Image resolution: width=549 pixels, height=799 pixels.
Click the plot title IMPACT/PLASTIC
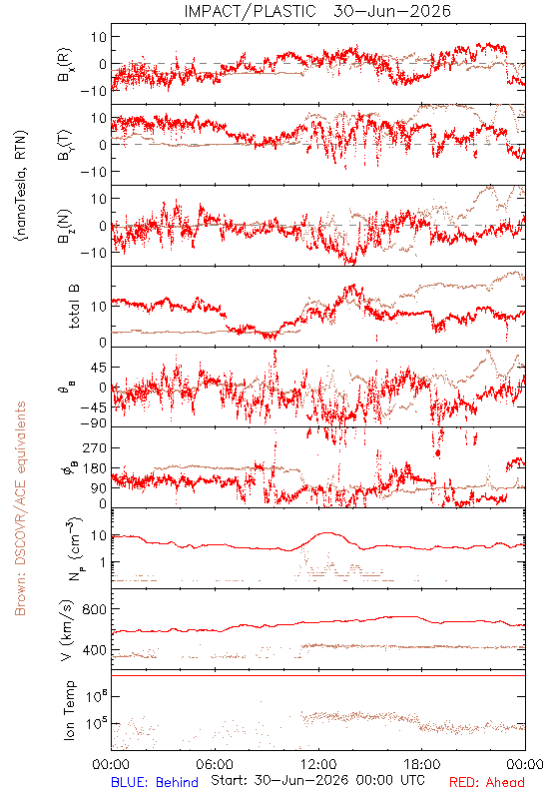coord(250,11)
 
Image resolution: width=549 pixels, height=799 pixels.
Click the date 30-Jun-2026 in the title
coord(392,11)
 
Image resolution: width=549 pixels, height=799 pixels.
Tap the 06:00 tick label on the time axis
coord(215,764)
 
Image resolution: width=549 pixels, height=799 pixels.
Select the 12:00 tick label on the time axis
coord(318,764)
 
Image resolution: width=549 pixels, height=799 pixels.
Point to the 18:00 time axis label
coord(422,764)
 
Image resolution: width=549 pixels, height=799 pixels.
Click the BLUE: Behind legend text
coord(155,783)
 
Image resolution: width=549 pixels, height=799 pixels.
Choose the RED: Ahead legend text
coord(487,783)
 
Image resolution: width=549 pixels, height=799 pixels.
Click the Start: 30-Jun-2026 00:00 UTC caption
coord(317,780)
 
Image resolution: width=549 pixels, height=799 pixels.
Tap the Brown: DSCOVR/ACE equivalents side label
coord(20,508)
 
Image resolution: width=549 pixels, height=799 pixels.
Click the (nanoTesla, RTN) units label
coord(21,185)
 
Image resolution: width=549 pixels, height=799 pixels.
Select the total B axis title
coord(73,307)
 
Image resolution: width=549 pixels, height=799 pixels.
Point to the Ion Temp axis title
coord(69,710)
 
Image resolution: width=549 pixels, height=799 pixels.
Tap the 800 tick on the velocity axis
coord(94,609)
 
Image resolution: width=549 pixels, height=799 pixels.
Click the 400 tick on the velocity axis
coord(94,650)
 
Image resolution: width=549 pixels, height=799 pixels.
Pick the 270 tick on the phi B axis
coord(95,447)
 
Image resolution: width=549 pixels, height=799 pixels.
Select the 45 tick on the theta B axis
coord(99,368)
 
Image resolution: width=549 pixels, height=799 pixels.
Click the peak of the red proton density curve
coord(326,533)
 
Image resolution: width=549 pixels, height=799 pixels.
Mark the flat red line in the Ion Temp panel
coord(318,676)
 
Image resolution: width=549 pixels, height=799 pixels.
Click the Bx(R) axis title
coord(65,65)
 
